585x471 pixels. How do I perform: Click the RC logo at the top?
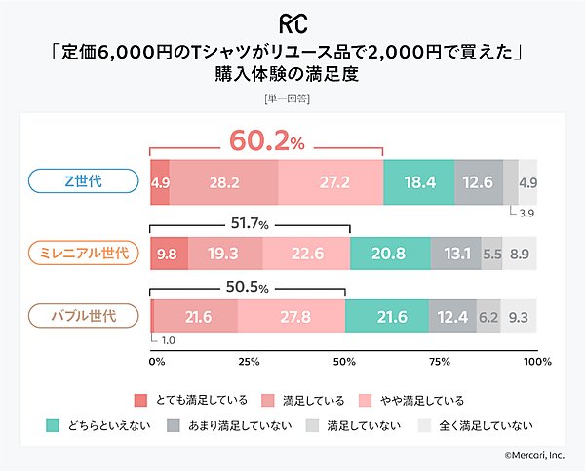pos(292,21)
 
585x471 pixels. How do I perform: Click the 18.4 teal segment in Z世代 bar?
pos(418,182)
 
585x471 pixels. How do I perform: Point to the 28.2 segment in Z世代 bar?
pos(223,182)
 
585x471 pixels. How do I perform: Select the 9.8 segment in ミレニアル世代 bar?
pos(167,253)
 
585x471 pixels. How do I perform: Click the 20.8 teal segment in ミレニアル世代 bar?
pos(389,253)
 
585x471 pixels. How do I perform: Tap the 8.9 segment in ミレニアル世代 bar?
pos(520,253)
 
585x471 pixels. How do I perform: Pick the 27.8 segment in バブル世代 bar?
pos(292,317)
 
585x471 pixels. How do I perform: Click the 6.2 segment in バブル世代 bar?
pos(488,317)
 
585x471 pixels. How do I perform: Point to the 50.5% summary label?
pos(247,288)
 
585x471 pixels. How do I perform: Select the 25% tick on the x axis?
pos(248,362)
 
